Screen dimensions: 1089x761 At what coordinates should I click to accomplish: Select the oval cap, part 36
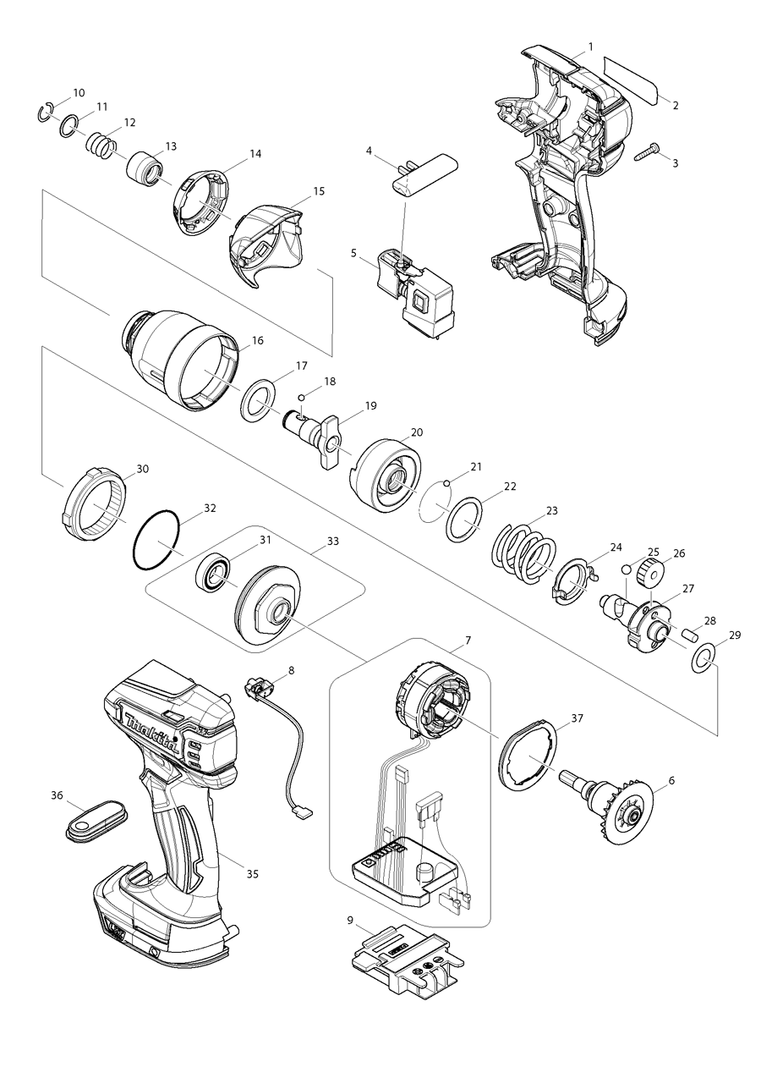click(94, 821)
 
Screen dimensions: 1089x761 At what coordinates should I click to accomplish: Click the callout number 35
click(252, 873)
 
